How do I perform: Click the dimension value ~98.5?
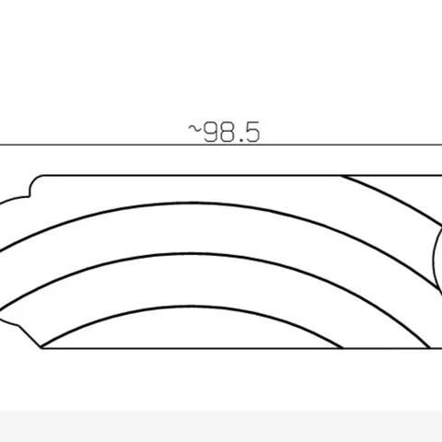224,132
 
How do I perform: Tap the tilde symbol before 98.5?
194,129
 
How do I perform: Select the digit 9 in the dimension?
211,133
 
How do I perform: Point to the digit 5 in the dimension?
252,133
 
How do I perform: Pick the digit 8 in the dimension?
226,133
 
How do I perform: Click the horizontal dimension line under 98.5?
221,145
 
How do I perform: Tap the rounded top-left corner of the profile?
34,180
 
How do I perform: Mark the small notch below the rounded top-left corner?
29,195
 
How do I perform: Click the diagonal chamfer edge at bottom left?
30,337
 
